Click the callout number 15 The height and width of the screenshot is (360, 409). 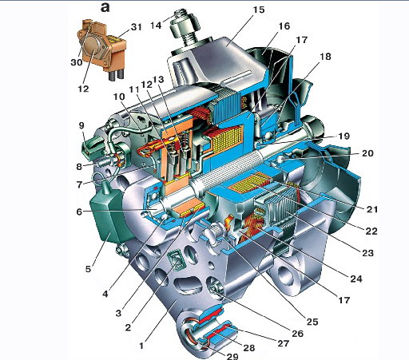point(259,10)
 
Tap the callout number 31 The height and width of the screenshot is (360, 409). point(136,27)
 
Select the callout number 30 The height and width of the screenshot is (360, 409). point(77,62)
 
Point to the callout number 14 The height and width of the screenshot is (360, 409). point(156,26)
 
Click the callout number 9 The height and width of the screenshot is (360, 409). point(81,125)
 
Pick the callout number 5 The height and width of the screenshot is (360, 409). point(88,269)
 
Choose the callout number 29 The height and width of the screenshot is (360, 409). point(232,356)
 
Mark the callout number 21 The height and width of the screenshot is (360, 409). point(372,209)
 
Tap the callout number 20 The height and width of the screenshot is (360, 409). point(367,153)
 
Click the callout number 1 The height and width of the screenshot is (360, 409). point(141,346)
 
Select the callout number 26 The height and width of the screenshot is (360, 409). point(297,334)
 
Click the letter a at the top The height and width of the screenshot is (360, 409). point(105,8)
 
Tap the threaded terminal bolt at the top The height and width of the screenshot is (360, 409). point(184,26)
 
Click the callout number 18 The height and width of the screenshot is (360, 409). point(325,57)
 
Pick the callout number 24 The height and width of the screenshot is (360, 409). point(356,279)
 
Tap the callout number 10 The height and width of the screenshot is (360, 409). point(119,97)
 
